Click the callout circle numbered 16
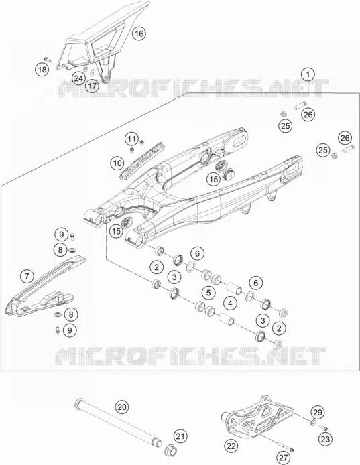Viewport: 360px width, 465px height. point(139,34)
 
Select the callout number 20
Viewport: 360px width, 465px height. point(122,407)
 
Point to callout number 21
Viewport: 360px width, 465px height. point(180,436)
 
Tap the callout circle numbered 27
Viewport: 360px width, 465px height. point(284,458)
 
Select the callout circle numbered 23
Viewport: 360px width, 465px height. point(326,439)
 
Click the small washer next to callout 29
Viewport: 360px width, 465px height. point(313,423)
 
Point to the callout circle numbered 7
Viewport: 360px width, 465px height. point(27,277)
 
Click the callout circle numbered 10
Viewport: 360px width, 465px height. point(117,163)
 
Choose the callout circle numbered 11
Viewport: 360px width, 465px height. point(132,139)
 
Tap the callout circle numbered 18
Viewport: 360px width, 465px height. point(42,70)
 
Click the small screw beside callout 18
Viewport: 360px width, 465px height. point(48,59)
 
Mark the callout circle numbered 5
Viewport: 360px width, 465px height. point(208,293)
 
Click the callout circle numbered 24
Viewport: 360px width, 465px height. point(78,78)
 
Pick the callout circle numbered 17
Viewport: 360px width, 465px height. point(93,86)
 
